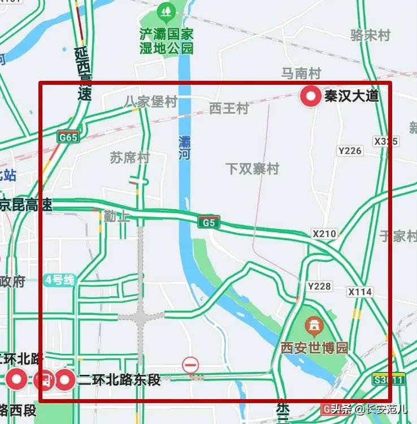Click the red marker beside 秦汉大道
(x=310, y=97)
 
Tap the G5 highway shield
(x=208, y=223)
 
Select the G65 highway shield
(x=68, y=137)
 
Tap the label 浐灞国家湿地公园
(x=167, y=41)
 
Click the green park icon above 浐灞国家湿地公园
(x=166, y=11)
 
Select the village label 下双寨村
(x=253, y=168)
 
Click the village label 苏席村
(x=129, y=158)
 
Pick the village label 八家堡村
(x=150, y=102)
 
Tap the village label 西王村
(x=229, y=108)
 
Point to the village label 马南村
(x=301, y=73)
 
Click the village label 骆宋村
(x=371, y=35)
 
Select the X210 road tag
(x=324, y=233)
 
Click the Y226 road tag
(x=349, y=150)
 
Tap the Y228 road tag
(x=319, y=287)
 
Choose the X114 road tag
(x=360, y=292)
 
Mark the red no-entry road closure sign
(x=190, y=365)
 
